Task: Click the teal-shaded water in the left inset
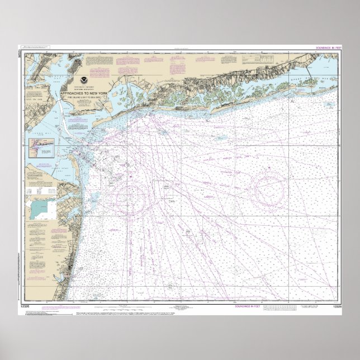coord(39,210)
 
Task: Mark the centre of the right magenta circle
coord(271,190)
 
